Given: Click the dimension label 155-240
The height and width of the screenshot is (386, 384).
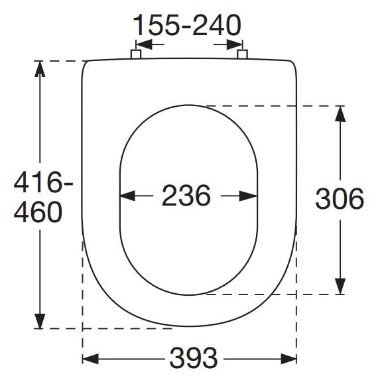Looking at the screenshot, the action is pyautogui.click(x=187, y=25).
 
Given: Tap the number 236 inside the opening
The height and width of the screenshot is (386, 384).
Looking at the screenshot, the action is pyautogui.click(x=186, y=196).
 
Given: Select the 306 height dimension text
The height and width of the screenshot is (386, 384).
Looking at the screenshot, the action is pyautogui.click(x=340, y=198).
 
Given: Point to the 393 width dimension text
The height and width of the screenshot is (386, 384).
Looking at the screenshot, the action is pyautogui.click(x=194, y=358).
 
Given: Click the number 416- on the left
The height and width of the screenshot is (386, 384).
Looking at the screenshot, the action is pyautogui.click(x=43, y=182).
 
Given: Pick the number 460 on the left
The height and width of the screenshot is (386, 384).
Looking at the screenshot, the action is pyautogui.click(x=38, y=212).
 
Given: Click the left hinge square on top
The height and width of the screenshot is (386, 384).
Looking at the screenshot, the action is pyautogui.click(x=136, y=54).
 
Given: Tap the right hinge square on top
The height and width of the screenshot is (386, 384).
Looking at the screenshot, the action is pyautogui.click(x=242, y=54).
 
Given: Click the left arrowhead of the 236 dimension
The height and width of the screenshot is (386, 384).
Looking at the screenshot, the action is pyautogui.click(x=128, y=196).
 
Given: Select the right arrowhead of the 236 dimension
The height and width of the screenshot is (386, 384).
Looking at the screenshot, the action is pyautogui.click(x=249, y=196).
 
